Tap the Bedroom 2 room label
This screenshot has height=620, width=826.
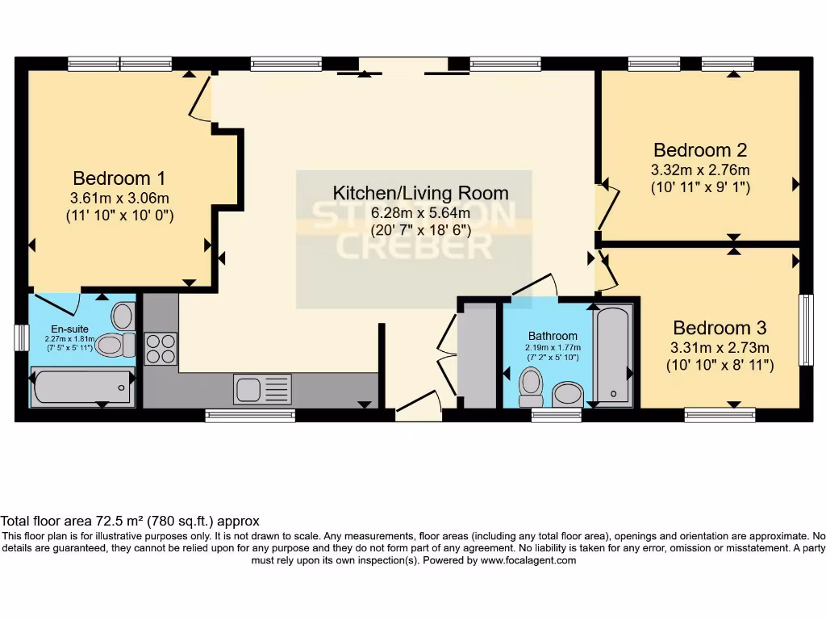[699, 150]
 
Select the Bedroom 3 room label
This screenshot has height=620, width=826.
[720, 329]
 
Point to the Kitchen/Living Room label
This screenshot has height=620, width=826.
[420, 193]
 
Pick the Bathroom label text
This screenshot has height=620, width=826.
[553, 336]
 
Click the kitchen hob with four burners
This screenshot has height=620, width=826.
[161, 349]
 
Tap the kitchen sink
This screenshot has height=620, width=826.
[262, 389]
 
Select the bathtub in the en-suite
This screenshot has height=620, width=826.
[82, 386]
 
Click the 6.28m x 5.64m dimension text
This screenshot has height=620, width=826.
[420, 212]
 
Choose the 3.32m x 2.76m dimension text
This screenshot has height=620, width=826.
[699, 170]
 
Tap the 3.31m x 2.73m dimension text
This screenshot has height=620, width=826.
[720, 347]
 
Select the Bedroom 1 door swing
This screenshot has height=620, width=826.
[198, 101]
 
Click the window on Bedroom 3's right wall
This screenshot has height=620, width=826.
[805, 329]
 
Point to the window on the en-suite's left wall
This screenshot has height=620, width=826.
[22, 337]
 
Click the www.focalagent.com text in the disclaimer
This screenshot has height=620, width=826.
[528, 560]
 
